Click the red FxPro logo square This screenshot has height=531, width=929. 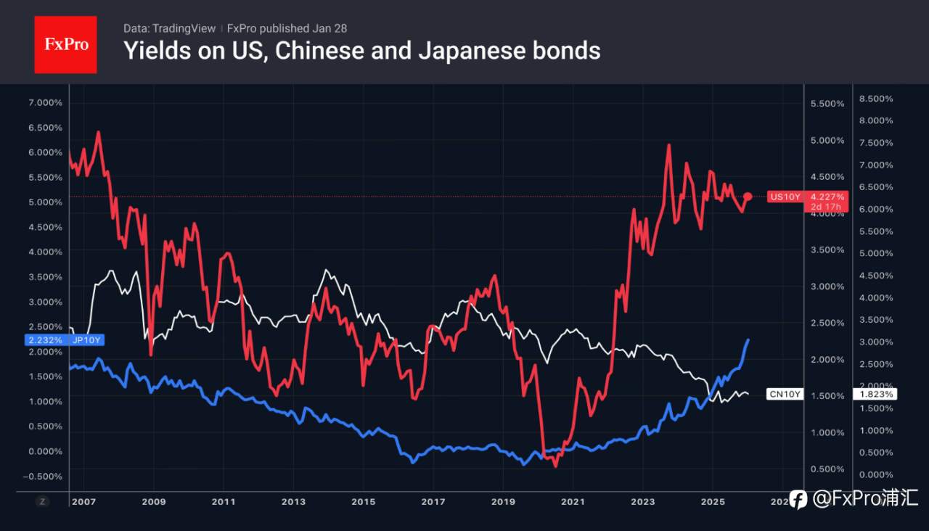pyautogui.click(x=65, y=44)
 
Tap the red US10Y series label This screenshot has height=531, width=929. pyautogui.click(x=785, y=197)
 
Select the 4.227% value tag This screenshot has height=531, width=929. pyautogui.click(x=827, y=197)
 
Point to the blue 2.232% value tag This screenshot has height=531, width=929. pyautogui.click(x=45, y=339)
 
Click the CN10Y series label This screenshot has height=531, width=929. pyautogui.click(x=785, y=394)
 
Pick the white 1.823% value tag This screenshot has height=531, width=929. pyautogui.click(x=877, y=394)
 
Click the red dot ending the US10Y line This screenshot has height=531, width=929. pyautogui.click(x=748, y=197)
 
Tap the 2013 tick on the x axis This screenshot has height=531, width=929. pyautogui.click(x=293, y=501)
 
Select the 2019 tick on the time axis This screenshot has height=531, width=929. pyautogui.click(x=503, y=501)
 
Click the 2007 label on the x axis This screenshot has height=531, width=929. pyautogui.click(x=83, y=501)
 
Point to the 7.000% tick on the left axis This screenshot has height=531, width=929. pyautogui.click(x=44, y=102)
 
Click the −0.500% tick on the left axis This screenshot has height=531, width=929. pyautogui.click(x=44, y=476)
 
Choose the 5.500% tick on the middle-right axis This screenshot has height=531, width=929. pyautogui.click(x=827, y=104)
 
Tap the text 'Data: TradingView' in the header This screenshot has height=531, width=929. pyautogui.click(x=169, y=28)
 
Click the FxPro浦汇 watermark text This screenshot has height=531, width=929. pyautogui.click(x=864, y=498)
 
